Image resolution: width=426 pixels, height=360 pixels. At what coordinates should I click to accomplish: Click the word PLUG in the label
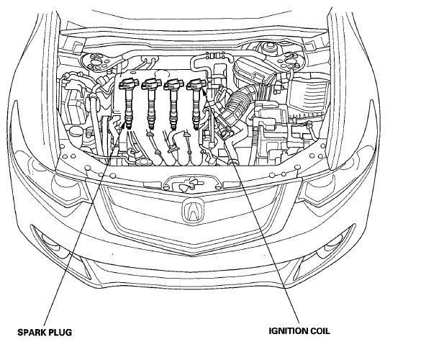60,332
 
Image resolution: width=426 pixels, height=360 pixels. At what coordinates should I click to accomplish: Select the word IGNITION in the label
288,331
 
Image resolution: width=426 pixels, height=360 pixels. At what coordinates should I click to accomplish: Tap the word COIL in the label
319,331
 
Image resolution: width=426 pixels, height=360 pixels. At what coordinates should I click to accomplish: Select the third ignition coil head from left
173,84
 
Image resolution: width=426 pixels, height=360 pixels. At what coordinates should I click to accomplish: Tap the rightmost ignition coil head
196,84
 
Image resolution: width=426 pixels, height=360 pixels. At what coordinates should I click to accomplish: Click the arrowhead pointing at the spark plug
124,125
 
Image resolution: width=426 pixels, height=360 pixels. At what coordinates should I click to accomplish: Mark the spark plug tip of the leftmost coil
129,125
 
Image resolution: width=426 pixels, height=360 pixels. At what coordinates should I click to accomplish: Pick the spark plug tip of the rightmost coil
196,125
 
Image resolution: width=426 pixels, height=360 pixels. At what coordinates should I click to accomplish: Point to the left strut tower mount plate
99,62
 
